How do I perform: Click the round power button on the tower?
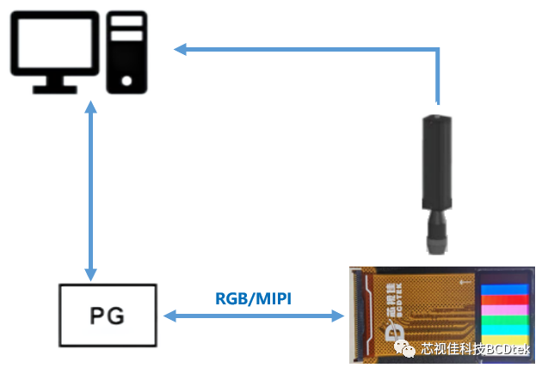pos(127,81)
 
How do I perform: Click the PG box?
pos(108,316)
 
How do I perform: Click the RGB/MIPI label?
pos(253,297)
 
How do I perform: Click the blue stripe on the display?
pos(507,289)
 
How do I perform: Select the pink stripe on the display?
pos(507,311)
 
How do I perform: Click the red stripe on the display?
pos(507,300)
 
